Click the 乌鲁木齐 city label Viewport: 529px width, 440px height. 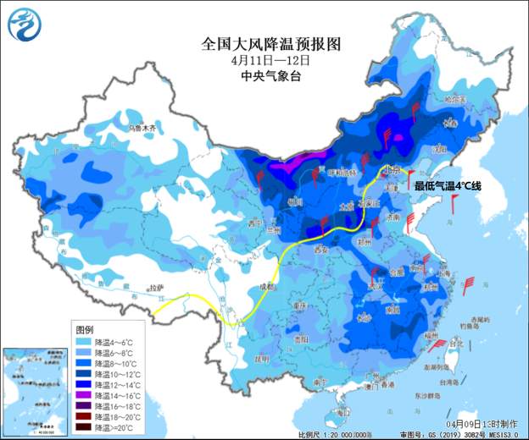coord(143,129)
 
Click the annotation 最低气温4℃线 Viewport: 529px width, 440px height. coord(446,185)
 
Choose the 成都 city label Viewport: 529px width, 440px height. coord(268,288)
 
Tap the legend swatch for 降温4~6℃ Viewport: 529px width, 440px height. coord(83,341)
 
